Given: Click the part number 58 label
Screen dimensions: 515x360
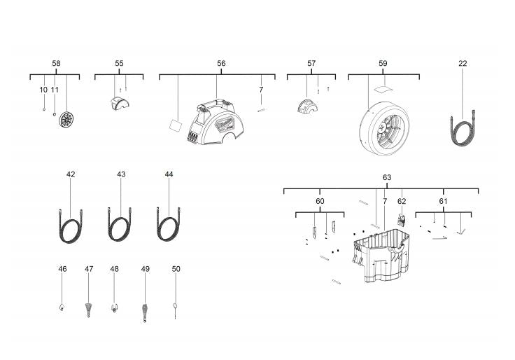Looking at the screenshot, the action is point(56,63).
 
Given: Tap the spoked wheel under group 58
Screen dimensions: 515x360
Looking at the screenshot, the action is point(66,119).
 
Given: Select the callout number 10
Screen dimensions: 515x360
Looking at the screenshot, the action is point(43,90).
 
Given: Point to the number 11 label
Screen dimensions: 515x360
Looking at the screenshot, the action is point(55,90).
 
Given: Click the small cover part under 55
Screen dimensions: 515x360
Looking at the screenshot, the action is point(120,104).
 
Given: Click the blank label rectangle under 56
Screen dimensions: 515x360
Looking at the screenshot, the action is point(176,125).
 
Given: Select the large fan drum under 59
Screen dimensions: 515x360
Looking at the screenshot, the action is point(384,129).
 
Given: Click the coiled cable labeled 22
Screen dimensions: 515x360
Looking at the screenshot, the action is point(463,128).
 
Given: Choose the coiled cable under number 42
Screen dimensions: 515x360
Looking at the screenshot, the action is point(71,226).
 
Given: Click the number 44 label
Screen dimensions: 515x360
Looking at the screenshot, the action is point(169,174).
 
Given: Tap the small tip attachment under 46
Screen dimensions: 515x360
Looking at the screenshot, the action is point(62,307).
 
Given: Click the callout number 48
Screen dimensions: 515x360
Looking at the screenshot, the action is point(114,269).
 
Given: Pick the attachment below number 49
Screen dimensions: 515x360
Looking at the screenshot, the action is point(145,313).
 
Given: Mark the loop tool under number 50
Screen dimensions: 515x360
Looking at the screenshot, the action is point(176,310).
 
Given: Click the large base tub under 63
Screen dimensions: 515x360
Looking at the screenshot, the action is point(381,257).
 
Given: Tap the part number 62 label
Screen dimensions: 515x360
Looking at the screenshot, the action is point(402,201).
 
